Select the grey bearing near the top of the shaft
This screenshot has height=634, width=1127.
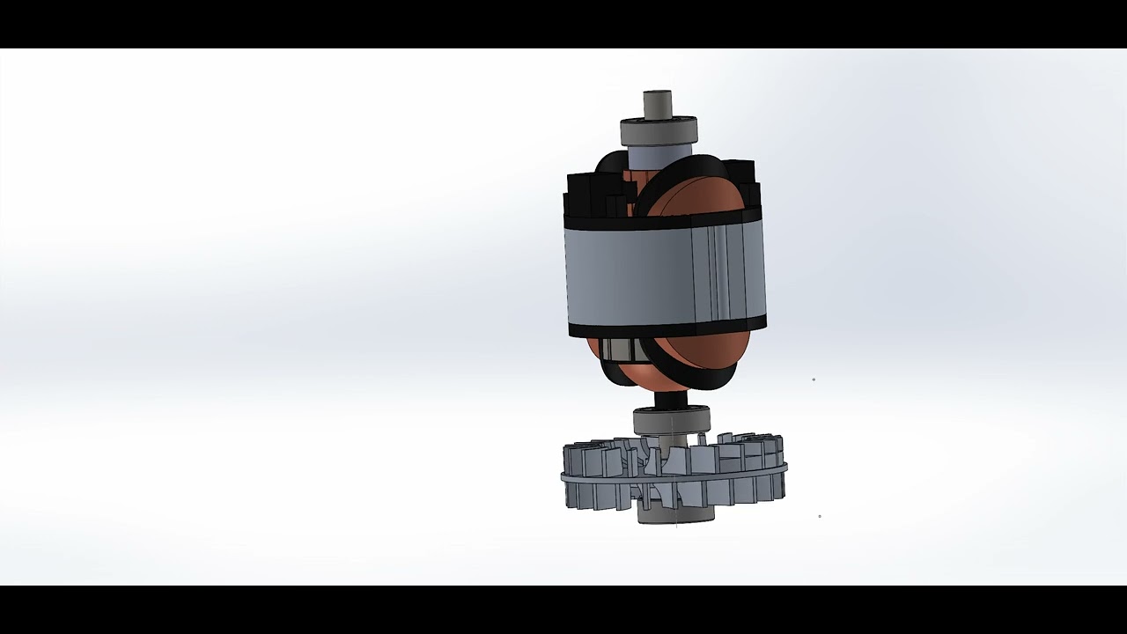click(659, 132)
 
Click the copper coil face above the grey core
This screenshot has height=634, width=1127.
click(696, 195)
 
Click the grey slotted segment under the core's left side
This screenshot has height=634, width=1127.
click(616, 350)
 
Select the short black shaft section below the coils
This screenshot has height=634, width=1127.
click(670, 399)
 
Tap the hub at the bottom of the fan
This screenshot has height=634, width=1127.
click(675, 514)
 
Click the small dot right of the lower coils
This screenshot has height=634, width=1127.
click(814, 380)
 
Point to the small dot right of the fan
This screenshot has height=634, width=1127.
click(820, 516)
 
